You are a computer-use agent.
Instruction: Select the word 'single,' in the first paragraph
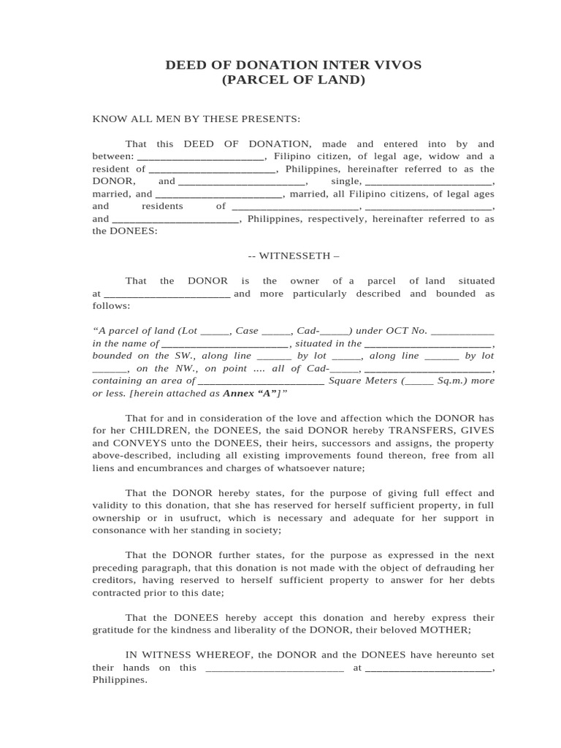pos(346,181)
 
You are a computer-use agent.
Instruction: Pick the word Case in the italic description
pos(247,331)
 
